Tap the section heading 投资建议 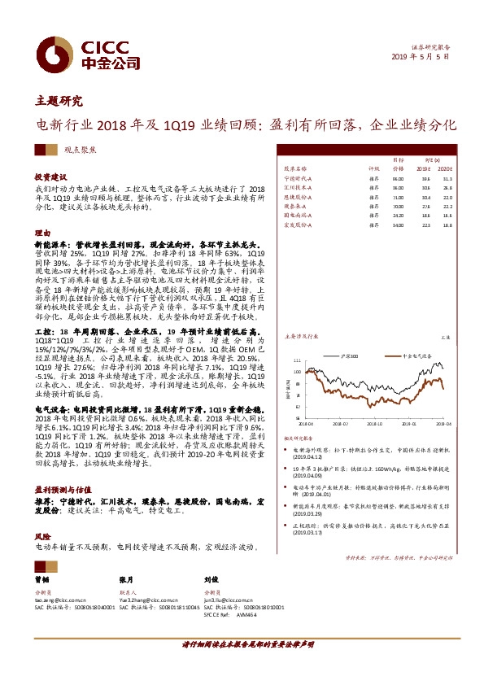(x=50, y=176)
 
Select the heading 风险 (x=41, y=537)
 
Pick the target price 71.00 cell (x=398, y=196)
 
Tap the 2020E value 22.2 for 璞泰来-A (x=447, y=206)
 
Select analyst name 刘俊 (x=209, y=581)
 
